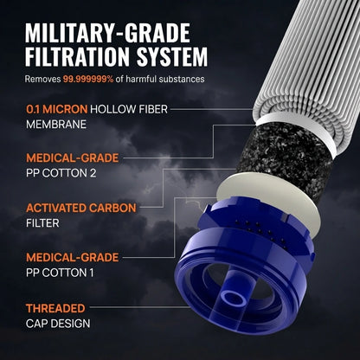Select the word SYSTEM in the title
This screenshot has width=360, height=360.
[172, 56]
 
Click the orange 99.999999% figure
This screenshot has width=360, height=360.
[88, 79]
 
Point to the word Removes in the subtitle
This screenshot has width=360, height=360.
[42, 79]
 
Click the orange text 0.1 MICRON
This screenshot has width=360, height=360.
[57, 109]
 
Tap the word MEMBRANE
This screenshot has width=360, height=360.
[56, 125]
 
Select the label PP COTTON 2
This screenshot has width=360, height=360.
[61, 173]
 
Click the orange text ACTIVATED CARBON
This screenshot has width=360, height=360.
[81, 208]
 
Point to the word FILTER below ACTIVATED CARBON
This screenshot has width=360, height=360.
[42, 223]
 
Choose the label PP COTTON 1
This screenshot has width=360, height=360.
[60, 273]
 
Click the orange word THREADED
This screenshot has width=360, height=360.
[55, 308]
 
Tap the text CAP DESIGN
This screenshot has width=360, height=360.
[58, 324]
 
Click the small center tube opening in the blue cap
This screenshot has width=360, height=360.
[235, 297]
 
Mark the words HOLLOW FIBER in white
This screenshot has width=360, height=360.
[129, 109]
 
